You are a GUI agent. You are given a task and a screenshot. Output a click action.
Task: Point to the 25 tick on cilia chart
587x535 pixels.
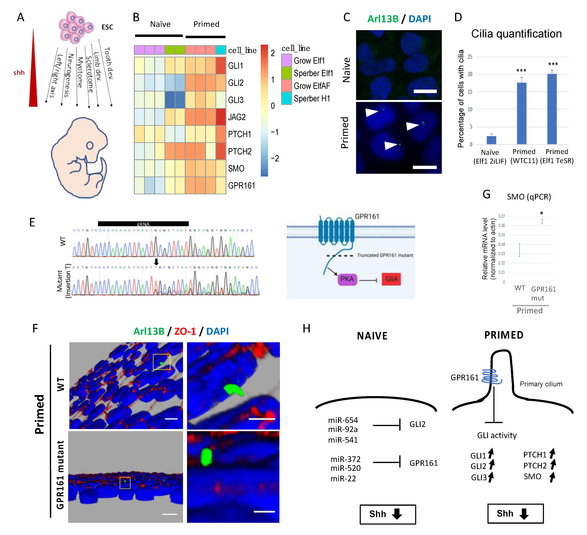(470, 57)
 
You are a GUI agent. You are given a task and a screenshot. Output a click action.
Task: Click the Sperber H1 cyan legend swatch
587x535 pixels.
(287, 98)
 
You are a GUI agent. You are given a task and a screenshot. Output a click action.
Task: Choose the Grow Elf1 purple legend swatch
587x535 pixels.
(287, 60)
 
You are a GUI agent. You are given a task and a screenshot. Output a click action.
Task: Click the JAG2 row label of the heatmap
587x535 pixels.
(237, 117)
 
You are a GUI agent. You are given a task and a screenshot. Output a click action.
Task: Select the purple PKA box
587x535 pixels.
(347, 279)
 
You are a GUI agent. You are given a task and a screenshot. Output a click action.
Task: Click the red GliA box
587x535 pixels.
(391, 279)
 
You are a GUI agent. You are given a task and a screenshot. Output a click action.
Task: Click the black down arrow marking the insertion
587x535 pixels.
(156, 262)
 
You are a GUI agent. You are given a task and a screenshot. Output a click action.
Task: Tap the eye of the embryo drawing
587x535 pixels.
(90, 145)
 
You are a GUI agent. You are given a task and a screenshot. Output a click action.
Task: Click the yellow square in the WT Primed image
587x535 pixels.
(162, 362)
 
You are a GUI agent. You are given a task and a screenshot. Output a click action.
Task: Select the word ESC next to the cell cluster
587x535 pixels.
(107, 27)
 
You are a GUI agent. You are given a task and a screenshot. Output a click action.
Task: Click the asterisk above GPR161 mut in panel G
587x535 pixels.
(541, 213)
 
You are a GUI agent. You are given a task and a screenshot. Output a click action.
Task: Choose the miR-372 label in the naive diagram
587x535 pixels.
(345, 459)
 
